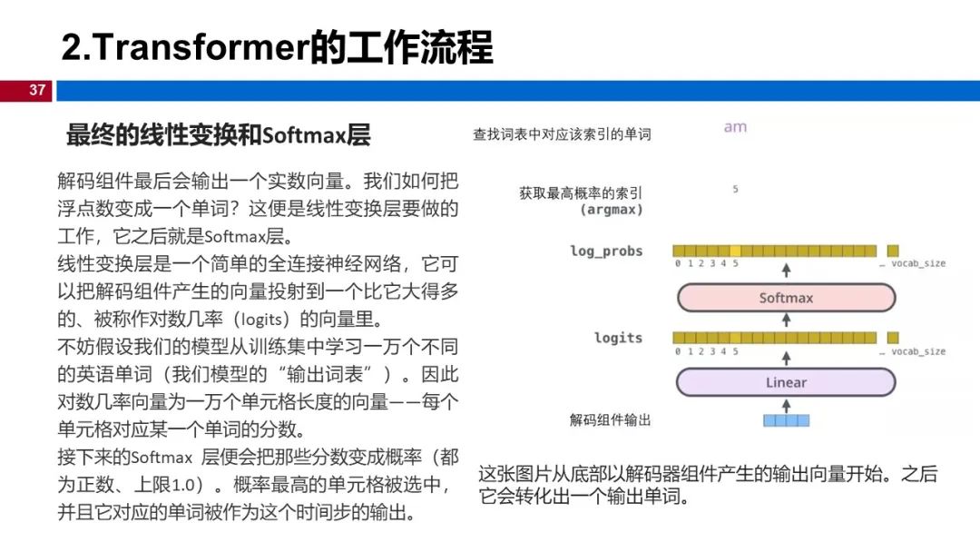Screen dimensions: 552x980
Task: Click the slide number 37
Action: click(x=37, y=91)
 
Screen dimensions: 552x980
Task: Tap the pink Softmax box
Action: click(x=786, y=298)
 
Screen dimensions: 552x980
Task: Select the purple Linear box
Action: click(x=786, y=382)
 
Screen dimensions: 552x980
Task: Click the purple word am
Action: click(x=735, y=127)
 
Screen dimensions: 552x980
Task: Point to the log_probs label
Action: click(x=606, y=251)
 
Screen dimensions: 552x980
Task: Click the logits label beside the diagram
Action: click(x=618, y=338)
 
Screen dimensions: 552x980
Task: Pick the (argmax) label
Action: click(x=611, y=210)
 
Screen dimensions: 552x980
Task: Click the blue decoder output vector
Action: click(x=786, y=420)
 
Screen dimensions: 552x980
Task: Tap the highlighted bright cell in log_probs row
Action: click(x=735, y=251)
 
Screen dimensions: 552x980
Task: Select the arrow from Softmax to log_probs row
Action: click(x=786, y=270)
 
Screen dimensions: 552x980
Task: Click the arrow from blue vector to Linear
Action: click(x=786, y=404)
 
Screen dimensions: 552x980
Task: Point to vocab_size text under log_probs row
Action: click(x=917, y=263)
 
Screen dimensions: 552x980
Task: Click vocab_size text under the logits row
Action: click(x=917, y=350)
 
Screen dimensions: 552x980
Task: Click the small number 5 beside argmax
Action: click(x=735, y=190)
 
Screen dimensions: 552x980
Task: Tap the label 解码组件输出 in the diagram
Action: click(x=610, y=420)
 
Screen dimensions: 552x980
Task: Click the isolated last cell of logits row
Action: click(x=893, y=338)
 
